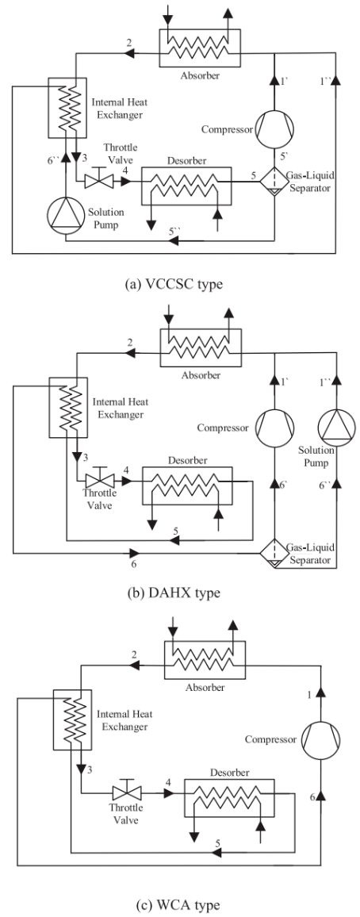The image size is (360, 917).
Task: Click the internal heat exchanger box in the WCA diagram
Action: coord(68,716)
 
